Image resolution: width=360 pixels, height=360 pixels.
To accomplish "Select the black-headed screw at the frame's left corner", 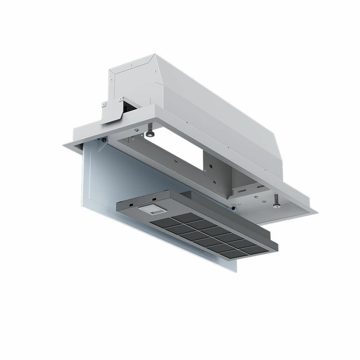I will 104,140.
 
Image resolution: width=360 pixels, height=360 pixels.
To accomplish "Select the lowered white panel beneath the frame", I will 103,180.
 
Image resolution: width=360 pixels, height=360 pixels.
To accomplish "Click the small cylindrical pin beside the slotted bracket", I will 233,209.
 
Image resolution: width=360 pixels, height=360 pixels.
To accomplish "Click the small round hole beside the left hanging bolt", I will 136,130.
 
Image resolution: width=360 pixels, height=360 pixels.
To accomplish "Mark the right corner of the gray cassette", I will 278,246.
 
